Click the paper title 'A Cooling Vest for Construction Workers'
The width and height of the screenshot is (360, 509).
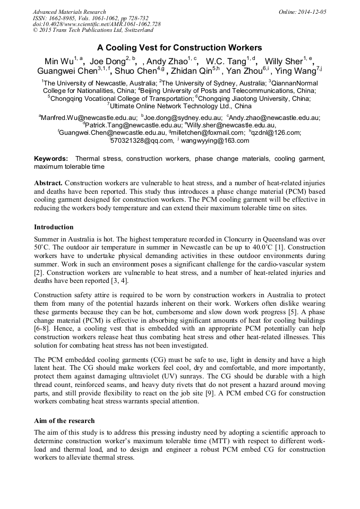pyautogui.click(x=179, y=47)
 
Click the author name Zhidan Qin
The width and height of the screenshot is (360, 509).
pyautogui.click(x=190, y=72)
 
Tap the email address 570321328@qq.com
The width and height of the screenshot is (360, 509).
pyautogui.click(x=142, y=141)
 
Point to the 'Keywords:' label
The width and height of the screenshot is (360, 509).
pyautogui.click(x=51, y=159)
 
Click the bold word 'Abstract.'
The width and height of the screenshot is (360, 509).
pyautogui.click(x=48, y=183)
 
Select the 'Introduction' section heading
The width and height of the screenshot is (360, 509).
pyautogui.click(x=54, y=227)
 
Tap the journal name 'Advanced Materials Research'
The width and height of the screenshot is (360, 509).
pyautogui.click(x=69, y=12)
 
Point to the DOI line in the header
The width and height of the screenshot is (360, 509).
pyautogui.click(x=97, y=24)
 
